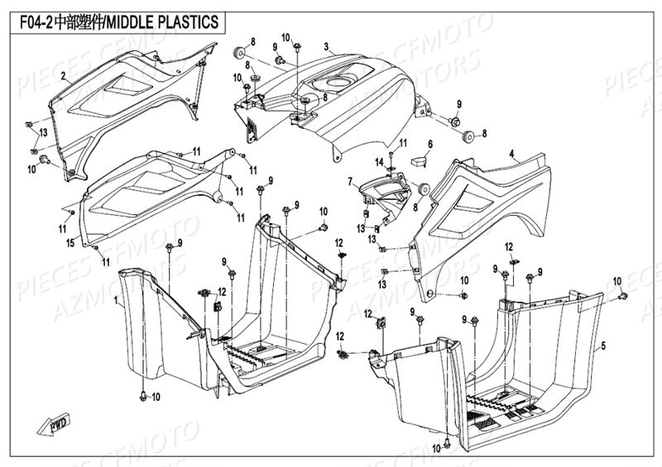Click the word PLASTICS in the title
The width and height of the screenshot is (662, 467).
[189, 21]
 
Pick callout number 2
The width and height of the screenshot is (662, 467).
[62, 75]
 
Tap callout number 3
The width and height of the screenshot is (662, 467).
[326, 46]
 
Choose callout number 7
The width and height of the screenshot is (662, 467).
[350, 181]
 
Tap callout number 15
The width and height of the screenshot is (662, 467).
[70, 244]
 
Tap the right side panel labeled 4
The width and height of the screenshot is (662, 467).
[488, 207]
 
